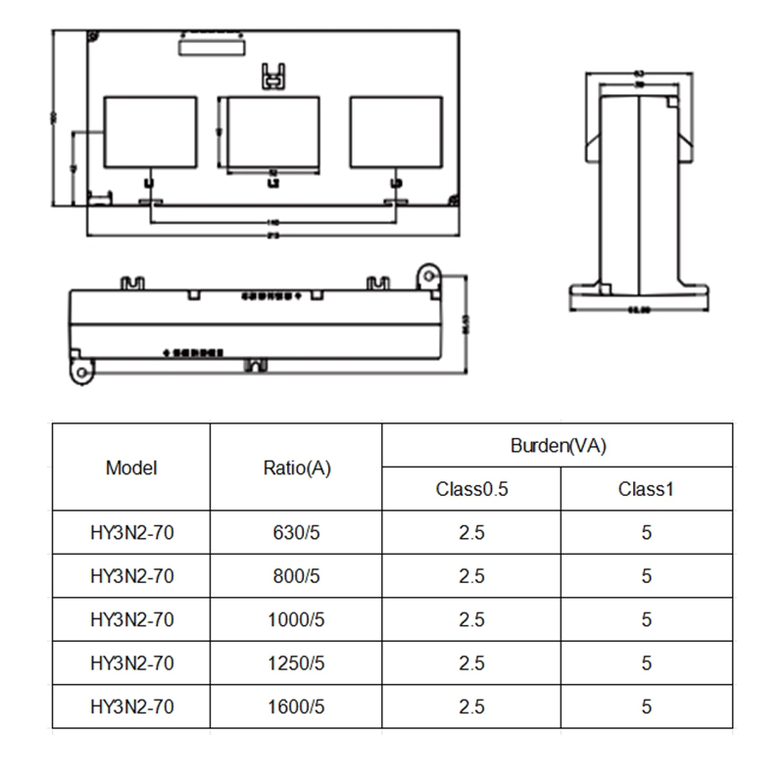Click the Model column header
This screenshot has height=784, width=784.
(x=131, y=467)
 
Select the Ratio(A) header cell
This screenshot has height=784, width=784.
(x=297, y=467)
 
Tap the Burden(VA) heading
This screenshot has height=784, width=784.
(x=559, y=446)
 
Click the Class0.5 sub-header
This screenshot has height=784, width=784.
(x=471, y=489)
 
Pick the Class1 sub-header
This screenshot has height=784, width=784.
(x=646, y=489)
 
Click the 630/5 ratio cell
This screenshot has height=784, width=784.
(x=297, y=533)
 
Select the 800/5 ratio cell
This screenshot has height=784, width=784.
(x=297, y=576)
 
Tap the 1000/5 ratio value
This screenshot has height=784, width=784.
(x=297, y=619)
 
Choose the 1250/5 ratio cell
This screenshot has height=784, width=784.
(x=297, y=662)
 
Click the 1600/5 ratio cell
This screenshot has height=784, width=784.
(x=297, y=706)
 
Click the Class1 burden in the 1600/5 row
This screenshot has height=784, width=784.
(x=646, y=706)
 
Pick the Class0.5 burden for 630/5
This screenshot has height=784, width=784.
(x=471, y=533)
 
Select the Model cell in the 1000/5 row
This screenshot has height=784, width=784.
(x=131, y=619)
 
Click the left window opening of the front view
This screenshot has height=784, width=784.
(x=151, y=131)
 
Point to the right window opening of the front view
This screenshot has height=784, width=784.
(x=396, y=131)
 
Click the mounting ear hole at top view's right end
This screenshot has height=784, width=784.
(x=427, y=275)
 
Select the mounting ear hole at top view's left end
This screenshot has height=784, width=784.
(x=78, y=371)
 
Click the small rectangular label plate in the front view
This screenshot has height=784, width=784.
(x=211, y=46)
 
